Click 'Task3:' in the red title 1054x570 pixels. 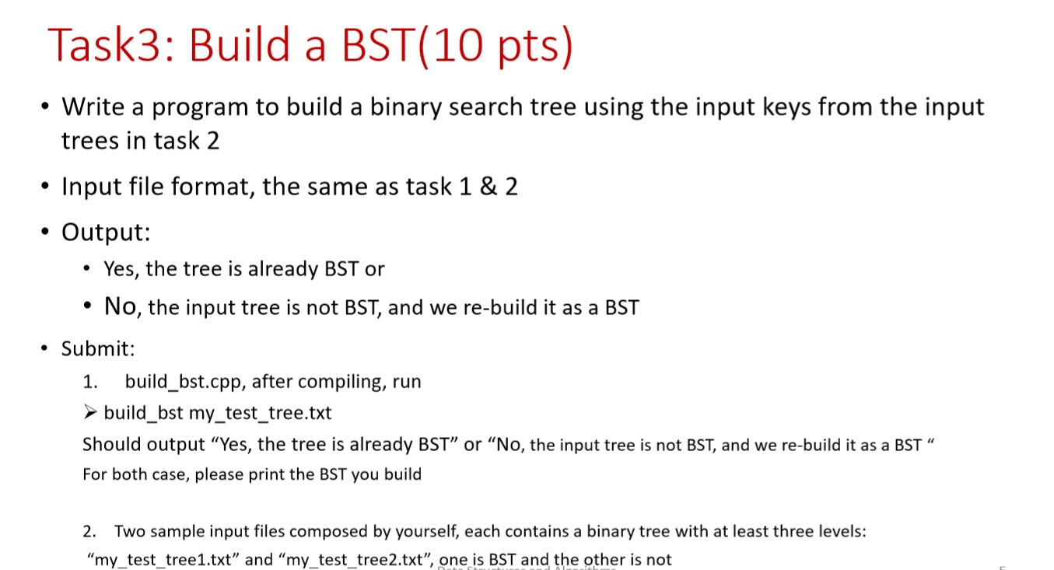coord(111,45)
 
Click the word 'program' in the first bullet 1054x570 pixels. coord(199,108)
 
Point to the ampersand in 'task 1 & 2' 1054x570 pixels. coord(488,186)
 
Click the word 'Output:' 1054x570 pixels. coord(106,232)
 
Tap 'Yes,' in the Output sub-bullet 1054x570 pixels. coord(121,269)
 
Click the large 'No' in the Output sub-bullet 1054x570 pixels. coord(120,306)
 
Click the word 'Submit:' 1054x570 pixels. coord(98,348)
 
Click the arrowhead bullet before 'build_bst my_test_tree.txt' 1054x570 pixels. coord(90,412)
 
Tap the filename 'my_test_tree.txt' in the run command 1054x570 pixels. coord(260,413)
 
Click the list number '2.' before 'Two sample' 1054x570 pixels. coord(89,531)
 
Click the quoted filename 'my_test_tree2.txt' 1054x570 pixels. coord(355,560)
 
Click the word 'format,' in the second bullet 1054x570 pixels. coord(214,187)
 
